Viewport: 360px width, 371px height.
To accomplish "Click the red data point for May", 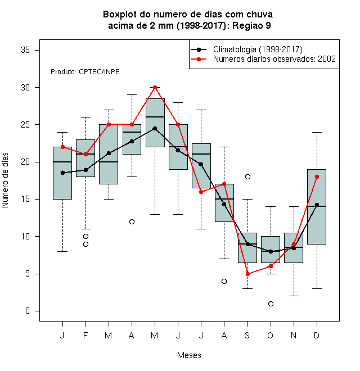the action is coord(155,88).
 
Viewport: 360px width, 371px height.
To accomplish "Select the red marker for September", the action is coord(247,274).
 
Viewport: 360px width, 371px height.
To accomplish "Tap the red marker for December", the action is coord(317,177).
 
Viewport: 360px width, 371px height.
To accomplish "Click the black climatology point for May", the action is coord(155,129).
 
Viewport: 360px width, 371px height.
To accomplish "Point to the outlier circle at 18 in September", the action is coord(247,177).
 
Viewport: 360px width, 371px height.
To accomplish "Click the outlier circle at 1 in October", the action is coord(271,304).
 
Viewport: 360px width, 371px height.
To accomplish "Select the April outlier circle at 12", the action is coord(132,221).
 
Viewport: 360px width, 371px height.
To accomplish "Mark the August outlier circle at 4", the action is coord(224,281).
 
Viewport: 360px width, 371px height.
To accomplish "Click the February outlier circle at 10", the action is coord(85,236).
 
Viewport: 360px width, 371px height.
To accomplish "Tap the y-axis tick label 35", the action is coord(25,50).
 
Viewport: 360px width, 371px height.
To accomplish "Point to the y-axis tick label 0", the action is coord(28,311).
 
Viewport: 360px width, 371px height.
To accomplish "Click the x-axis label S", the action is coord(247,335).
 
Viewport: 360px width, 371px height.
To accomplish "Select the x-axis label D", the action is coord(317,335).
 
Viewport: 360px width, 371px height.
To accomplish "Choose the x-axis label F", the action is coord(85,335).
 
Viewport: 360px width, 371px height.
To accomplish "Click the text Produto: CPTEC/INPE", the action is coord(85,72).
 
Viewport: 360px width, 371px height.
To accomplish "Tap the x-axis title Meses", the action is coord(189,355).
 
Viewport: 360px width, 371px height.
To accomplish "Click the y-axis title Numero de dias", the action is coord(5,180).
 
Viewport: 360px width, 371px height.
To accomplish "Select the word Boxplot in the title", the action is coord(120,15).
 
